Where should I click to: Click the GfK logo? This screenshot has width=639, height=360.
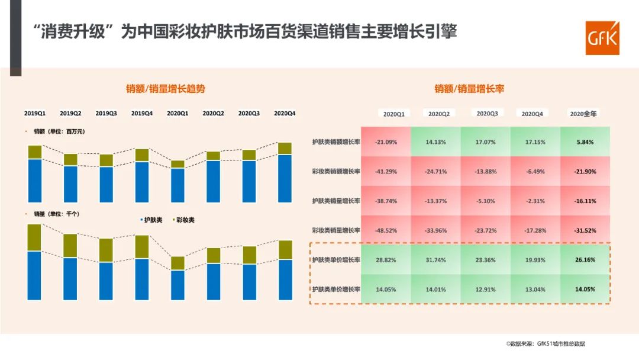pyautogui.click(x=602, y=38)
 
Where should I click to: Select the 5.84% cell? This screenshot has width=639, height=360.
pyautogui.click(x=585, y=142)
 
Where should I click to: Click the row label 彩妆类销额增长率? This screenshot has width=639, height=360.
pyautogui.click(x=336, y=172)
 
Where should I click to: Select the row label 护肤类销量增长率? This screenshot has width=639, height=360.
pyautogui.click(x=336, y=201)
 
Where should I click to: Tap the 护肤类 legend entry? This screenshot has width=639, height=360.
pyautogui.click(x=152, y=220)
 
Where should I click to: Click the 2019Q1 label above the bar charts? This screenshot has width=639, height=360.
pyautogui.click(x=35, y=112)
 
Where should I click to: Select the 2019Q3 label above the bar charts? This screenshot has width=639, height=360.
pyautogui.click(x=106, y=112)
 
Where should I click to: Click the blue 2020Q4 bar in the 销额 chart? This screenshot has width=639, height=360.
pyautogui.click(x=285, y=178)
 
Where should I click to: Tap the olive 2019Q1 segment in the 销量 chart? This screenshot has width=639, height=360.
pyautogui.click(x=35, y=237)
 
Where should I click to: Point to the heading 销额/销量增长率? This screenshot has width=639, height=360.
pyautogui.click(x=469, y=89)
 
